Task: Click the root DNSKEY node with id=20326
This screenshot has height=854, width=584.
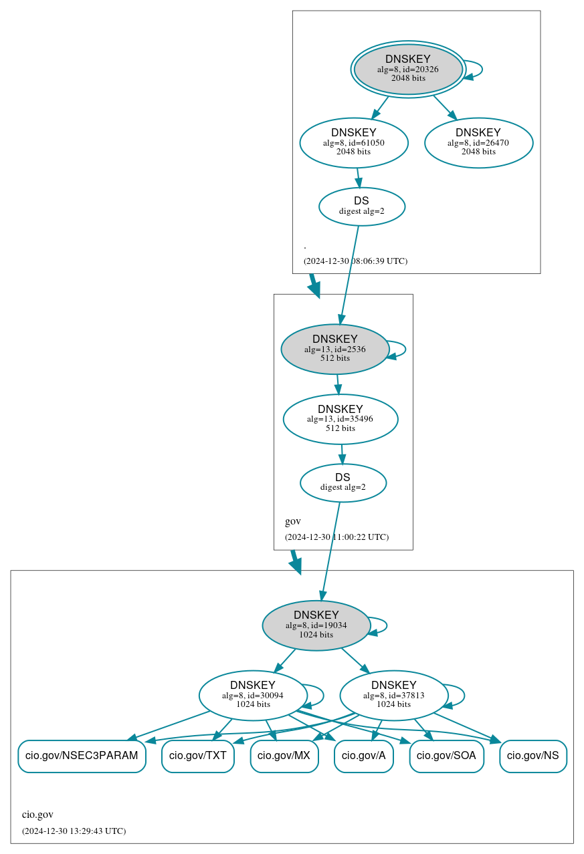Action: coord(408,69)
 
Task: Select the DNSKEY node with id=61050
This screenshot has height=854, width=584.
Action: coord(353,142)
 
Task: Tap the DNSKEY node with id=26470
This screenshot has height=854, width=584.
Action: coord(478,142)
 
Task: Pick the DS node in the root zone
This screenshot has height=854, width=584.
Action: coord(361,206)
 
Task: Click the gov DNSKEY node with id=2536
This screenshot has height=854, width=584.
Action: coord(334,349)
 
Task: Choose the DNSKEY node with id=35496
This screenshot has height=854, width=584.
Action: coord(340,419)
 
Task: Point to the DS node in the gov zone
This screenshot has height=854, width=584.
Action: coord(343,482)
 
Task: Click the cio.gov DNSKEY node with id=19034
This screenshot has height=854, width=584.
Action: coord(316,625)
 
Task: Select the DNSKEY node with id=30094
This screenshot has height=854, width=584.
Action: coord(252,695)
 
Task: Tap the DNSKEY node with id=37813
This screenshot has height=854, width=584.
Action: coord(393,695)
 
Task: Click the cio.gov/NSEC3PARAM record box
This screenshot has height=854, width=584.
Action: coord(82,756)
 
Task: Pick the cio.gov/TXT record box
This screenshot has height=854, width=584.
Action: coord(197,756)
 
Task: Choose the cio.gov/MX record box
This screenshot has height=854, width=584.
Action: coord(284,756)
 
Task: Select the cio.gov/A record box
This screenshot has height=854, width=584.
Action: coord(363,756)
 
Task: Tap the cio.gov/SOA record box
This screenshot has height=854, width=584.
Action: coord(446,756)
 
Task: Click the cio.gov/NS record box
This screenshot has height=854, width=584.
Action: coord(532,756)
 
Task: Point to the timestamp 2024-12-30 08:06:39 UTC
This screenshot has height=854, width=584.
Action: coord(355,261)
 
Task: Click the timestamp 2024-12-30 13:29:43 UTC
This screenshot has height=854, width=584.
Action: coord(74,831)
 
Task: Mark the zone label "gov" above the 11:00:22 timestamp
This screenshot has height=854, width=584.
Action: coord(293,521)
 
